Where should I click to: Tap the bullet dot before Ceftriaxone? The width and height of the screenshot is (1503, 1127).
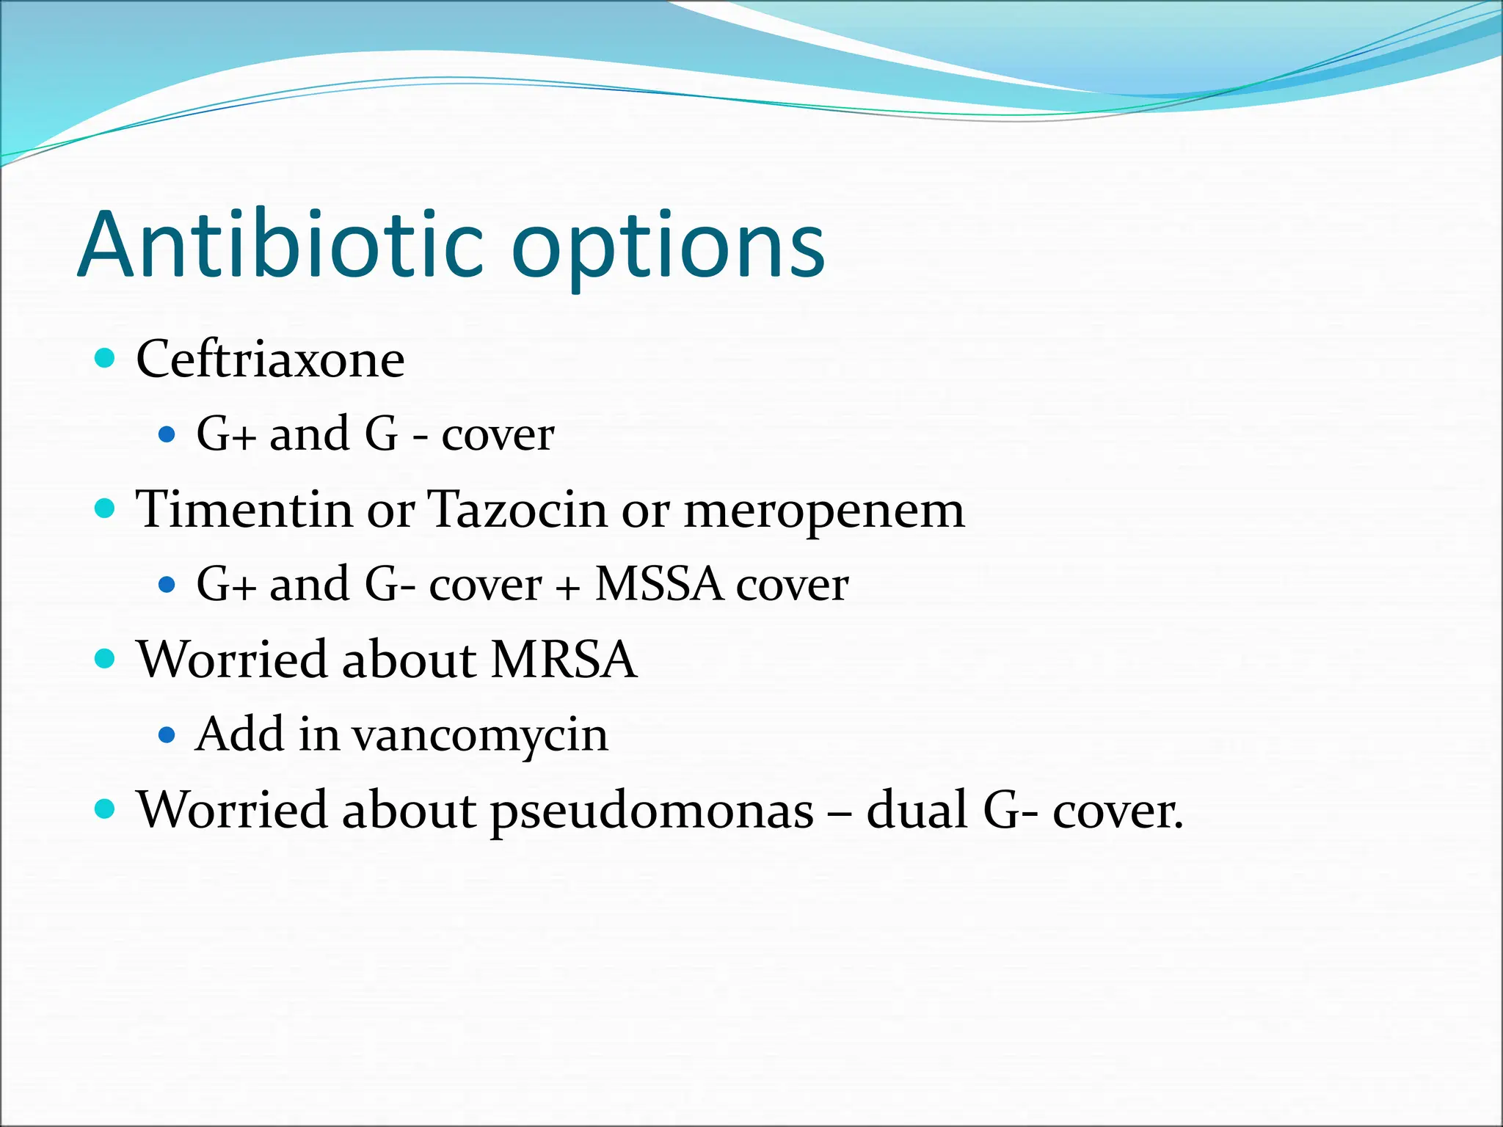106,359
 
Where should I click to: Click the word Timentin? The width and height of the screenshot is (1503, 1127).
244,509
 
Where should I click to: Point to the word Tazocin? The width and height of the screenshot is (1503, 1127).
517,509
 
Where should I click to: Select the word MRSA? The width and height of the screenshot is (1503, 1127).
564,659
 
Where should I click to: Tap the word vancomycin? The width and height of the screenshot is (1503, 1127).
480,735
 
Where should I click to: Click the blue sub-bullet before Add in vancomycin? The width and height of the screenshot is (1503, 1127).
167,734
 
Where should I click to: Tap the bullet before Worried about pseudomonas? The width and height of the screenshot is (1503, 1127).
106,809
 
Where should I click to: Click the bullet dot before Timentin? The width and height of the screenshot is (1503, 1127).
106,508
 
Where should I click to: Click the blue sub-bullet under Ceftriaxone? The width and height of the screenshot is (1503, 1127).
167,434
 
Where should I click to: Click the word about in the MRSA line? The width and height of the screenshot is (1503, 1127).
408,659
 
